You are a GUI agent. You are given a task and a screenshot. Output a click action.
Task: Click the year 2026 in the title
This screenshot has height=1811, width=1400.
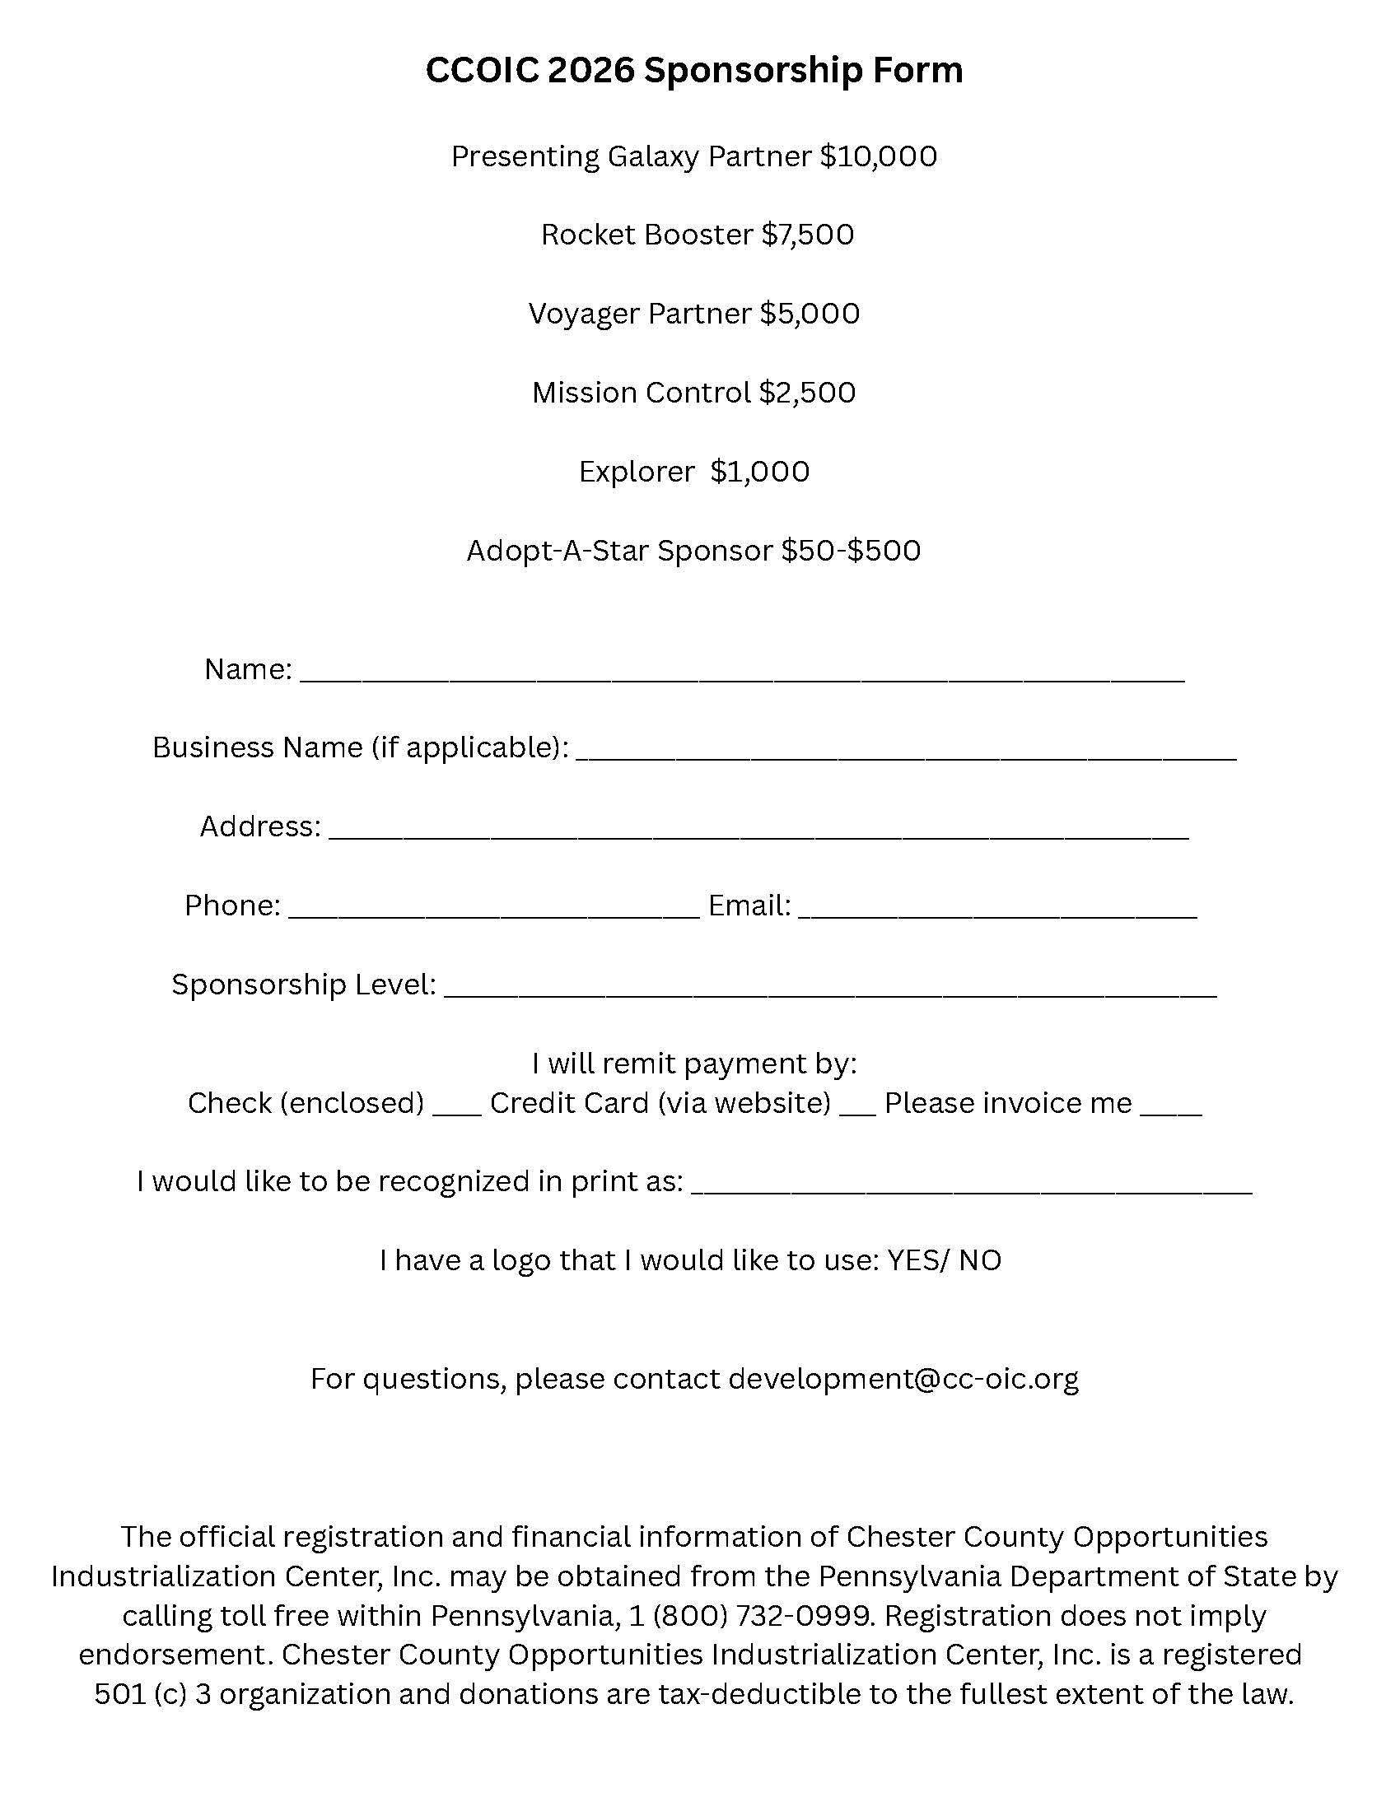[590, 71]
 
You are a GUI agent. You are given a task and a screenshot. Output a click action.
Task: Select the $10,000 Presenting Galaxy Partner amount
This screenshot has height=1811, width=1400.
[879, 156]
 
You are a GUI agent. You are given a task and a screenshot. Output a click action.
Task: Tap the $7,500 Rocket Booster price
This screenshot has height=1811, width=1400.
[807, 235]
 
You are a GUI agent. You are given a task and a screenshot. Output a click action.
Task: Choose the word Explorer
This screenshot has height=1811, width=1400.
[636, 471]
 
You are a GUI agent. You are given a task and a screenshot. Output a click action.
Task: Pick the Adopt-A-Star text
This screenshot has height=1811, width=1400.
[558, 550]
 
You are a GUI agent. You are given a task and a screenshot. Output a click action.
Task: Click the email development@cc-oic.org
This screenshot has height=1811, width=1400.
[903, 1378]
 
